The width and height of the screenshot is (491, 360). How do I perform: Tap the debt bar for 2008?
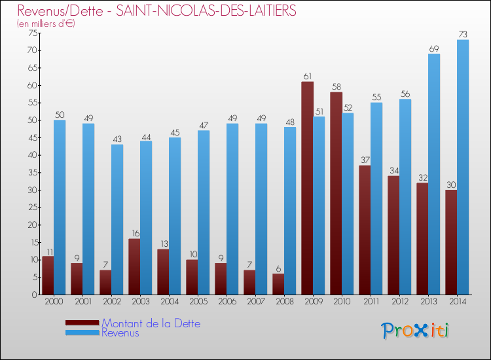tap(278, 284)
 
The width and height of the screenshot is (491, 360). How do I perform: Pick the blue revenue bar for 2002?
tap(117, 219)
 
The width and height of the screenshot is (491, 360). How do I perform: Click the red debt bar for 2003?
tap(134, 266)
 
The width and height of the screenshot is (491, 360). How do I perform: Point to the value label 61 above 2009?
tap(307, 77)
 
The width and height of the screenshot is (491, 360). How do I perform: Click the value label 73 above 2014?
tap(463, 35)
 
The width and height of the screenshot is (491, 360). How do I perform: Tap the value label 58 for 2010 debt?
tap(336, 87)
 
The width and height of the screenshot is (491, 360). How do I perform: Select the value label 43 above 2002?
tap(117, 139)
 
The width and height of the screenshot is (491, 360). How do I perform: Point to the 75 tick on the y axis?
tap(31, 33)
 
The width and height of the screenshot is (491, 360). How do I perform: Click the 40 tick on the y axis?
tap(31, 155)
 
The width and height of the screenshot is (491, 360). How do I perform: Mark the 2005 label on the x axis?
tap(198, 301)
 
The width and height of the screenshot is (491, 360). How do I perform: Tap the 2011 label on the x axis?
tap(371, 301)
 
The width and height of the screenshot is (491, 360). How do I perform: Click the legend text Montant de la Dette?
tap(151, 323)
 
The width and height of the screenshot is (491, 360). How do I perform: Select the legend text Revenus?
tap(120, 333)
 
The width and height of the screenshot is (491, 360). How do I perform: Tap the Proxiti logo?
tap(416, 331)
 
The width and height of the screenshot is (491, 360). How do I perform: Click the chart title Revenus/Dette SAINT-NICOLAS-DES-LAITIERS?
tap(156, 10)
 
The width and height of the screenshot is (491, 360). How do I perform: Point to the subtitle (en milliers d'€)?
tap(46, 24)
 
